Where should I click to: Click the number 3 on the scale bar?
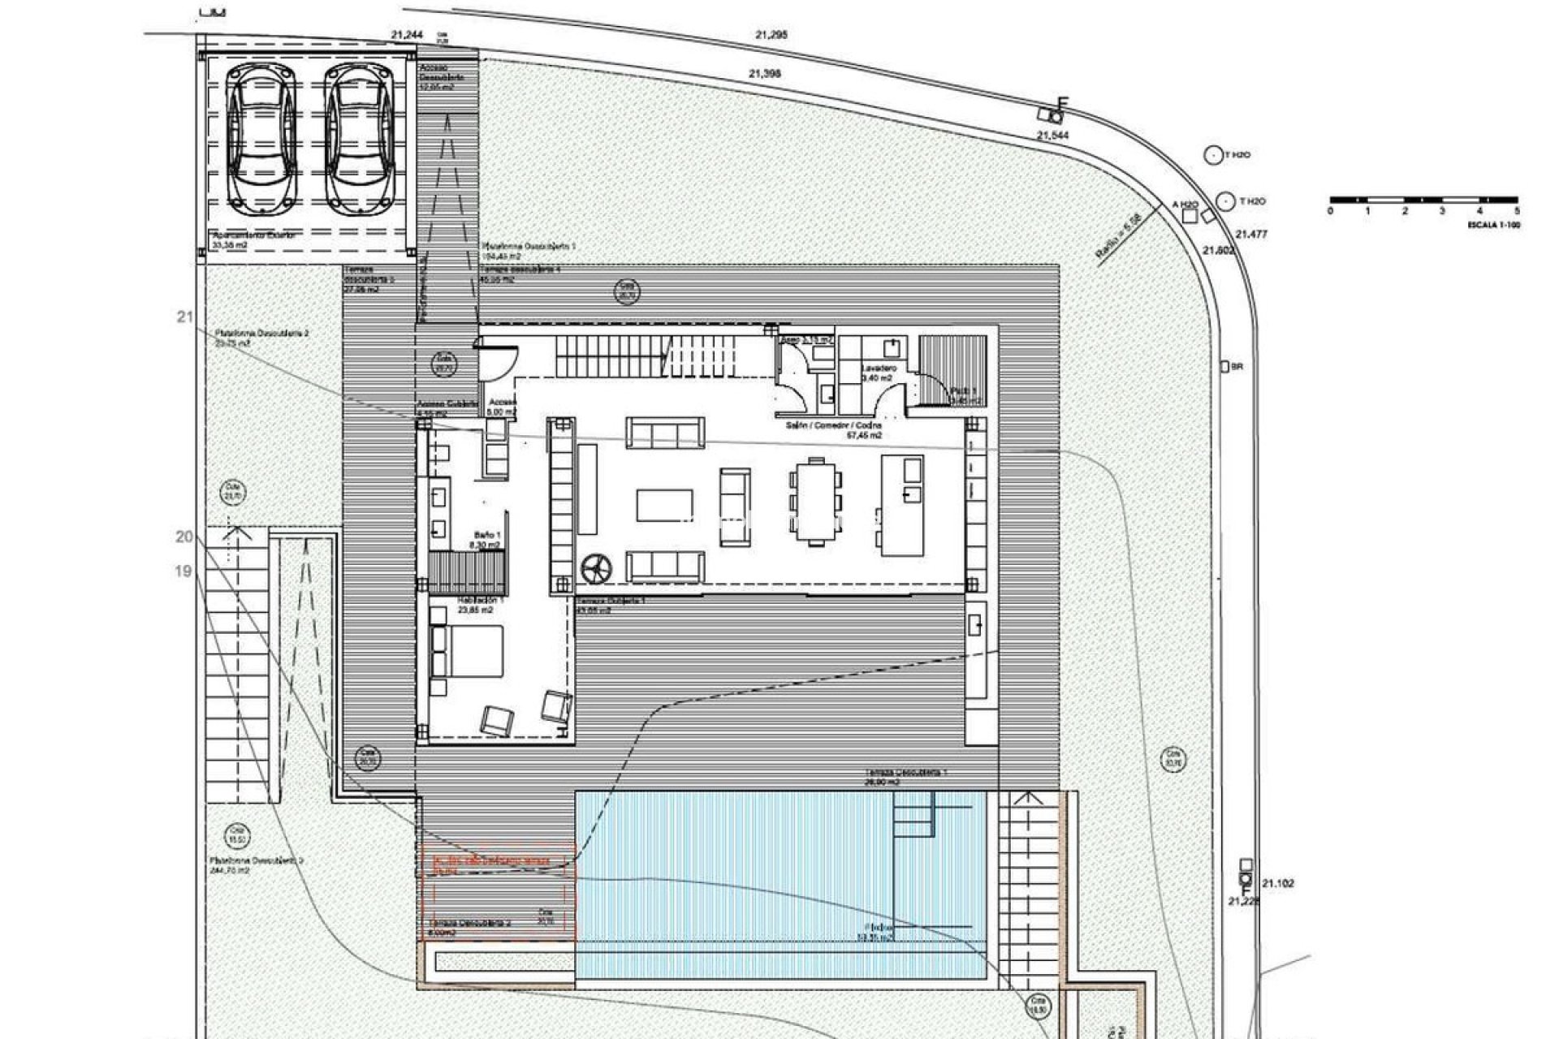pos(1442,211)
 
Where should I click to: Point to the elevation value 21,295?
pos(771,35)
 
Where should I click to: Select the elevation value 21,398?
pos(764,73)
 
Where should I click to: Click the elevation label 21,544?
pos(1052,136)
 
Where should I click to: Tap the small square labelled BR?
pos(1224,367)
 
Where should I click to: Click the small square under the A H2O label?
pos(1190,216)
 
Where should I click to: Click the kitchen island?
pos(902,505)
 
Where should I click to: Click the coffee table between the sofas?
pos(664,504)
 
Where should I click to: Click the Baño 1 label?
pos(487,536)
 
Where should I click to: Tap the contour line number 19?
pos(184,571)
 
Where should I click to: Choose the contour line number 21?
pos(184,317)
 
